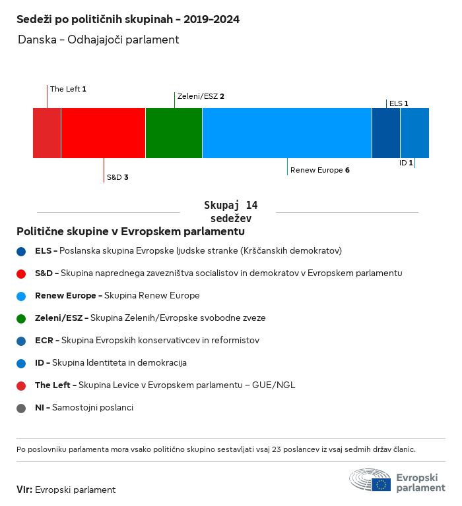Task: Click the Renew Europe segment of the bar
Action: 287,133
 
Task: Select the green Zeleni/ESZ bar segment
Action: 174,133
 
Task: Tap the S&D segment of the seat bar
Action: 103,133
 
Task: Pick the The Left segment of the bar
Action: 47,133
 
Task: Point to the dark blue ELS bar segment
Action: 386,133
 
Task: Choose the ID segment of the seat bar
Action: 414,133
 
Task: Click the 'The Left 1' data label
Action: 68,89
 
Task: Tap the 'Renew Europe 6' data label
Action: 319,170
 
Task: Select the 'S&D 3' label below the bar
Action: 117,177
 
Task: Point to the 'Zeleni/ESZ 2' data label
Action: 201,96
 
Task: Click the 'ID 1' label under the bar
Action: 406,163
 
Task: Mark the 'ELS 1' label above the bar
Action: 399,103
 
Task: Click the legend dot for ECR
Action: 21,341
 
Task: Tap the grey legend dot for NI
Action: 21,408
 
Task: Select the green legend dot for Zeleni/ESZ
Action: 21,319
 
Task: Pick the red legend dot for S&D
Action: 21,274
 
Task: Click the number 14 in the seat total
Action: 251,206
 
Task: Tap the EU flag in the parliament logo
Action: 381,484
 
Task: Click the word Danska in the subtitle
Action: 37,40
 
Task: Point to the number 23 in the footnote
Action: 277,449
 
